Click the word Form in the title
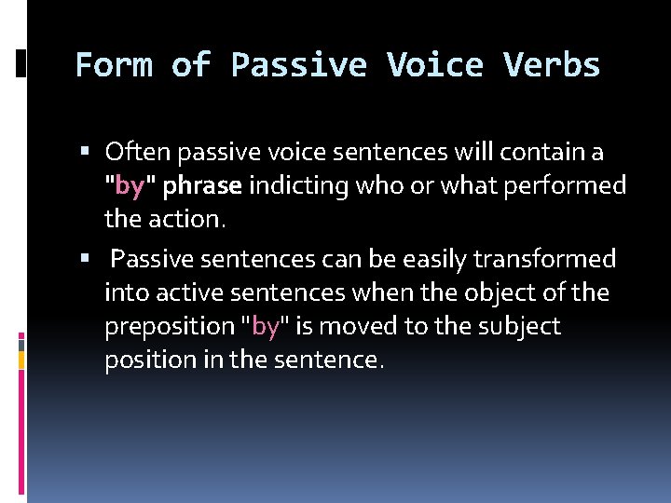click(113, 65)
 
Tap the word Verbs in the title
click(552, 65)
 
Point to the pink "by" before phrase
click(130, 185)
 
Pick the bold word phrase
click(202, 186)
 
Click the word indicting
click(294, 185)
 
